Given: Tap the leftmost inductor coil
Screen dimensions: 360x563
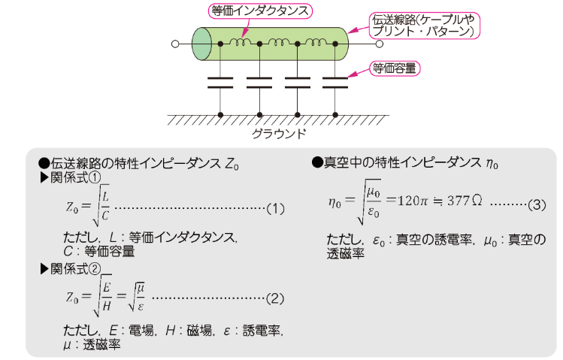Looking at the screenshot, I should [240, 43].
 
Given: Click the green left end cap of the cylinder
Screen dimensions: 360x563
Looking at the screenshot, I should [201, 44].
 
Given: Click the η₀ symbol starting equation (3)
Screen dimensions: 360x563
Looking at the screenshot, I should [335, 204].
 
